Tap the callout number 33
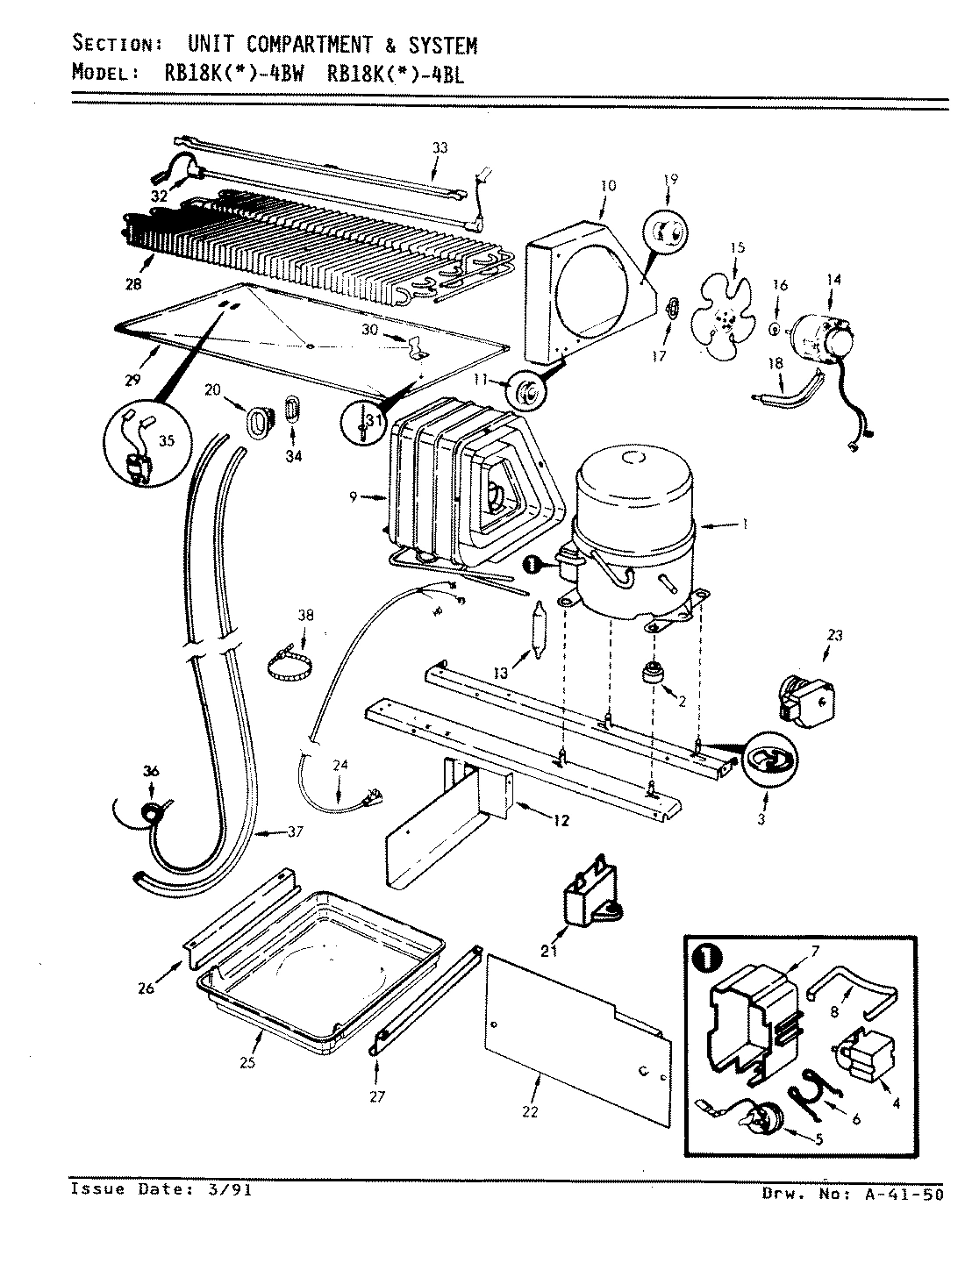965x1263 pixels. click(440, 147)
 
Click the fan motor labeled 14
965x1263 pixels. click(820, 339)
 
